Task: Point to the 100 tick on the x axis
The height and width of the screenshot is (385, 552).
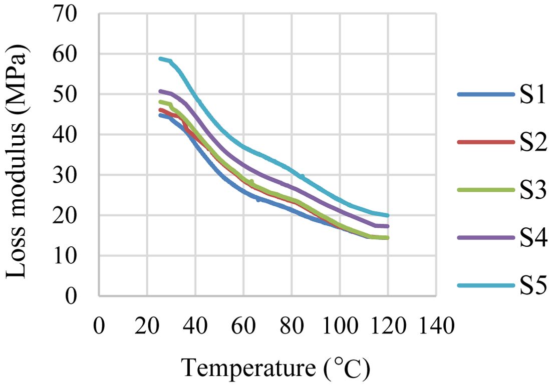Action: tap(340, 328)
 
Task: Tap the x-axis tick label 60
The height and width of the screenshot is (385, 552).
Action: tap(243, 328)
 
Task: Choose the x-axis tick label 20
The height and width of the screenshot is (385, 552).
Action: tap(147, 328)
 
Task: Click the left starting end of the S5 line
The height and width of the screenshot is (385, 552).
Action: tap(160, 59)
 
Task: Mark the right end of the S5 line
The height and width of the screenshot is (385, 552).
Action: tap(388, 215)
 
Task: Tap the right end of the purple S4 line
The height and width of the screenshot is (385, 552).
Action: tap(388, 226)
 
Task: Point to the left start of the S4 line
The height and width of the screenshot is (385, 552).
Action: tap(160, 91)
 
